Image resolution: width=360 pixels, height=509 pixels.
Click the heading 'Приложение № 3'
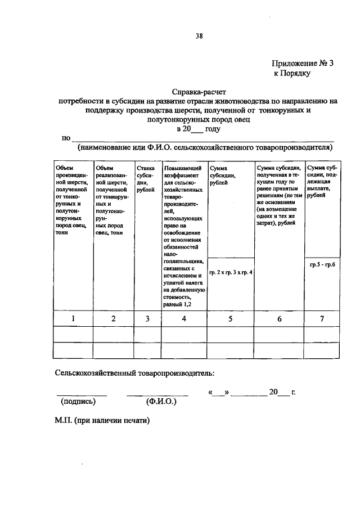point(303,64)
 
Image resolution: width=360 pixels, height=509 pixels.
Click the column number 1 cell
point(73,319)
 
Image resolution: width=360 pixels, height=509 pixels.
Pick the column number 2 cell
point(113,319)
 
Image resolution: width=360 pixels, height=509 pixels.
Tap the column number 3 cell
point(147,319)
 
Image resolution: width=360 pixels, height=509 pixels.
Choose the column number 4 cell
point(184,319)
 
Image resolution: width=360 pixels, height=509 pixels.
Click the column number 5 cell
point(231,319)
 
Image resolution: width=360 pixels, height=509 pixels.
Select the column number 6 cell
point(279,319)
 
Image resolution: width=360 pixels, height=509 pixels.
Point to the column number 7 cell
point(322,319)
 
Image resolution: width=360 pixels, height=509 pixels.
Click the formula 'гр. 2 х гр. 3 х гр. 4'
point(231,273)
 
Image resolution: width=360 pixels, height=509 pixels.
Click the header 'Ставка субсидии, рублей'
point(146,179)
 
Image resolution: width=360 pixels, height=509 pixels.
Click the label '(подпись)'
point(78,402)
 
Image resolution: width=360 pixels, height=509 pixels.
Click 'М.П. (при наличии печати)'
point(102,420)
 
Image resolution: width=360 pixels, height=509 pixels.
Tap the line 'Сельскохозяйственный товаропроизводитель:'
point(134,373)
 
